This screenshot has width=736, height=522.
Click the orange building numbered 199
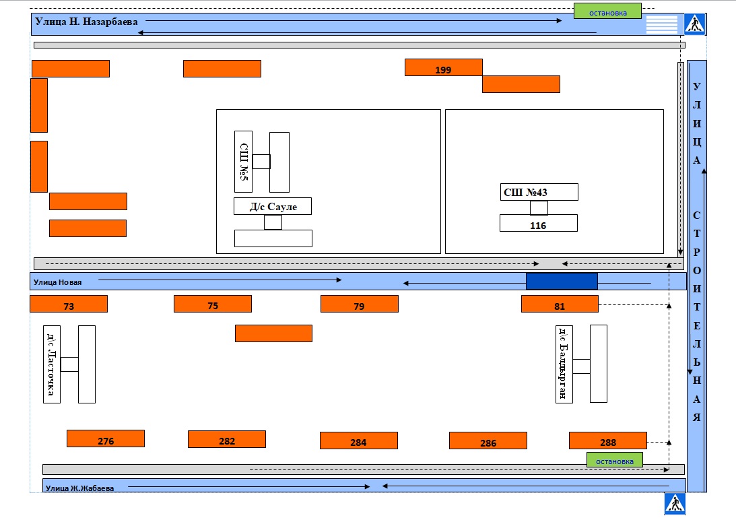(444, 67)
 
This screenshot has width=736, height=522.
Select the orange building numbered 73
(69, 304)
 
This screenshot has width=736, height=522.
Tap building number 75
(213, 304)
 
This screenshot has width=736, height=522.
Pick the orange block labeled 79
(360, 304)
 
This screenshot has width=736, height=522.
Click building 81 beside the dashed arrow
(560, 304)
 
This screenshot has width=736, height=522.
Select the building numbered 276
(106, 438)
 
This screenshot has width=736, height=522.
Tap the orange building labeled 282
(227, 439)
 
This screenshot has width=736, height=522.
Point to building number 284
(359, 441)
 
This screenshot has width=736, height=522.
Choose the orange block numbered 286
(488, 441)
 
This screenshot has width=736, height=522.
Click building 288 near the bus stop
(608, 441)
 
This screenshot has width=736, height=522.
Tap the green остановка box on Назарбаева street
(607, 11)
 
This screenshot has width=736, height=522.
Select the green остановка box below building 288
(614, 459)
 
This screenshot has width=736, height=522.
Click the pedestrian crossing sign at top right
(694, 24)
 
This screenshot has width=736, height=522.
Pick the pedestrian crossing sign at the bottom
(675, 504)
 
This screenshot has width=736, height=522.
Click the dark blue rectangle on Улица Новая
(562, 281)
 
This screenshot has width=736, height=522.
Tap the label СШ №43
(525, 193)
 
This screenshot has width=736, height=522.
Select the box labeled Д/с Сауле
(273, 206)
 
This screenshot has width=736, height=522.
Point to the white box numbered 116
(539, 223)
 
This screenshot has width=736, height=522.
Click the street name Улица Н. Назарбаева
(86, 22)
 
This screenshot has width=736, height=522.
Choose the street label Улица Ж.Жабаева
(80, 488)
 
